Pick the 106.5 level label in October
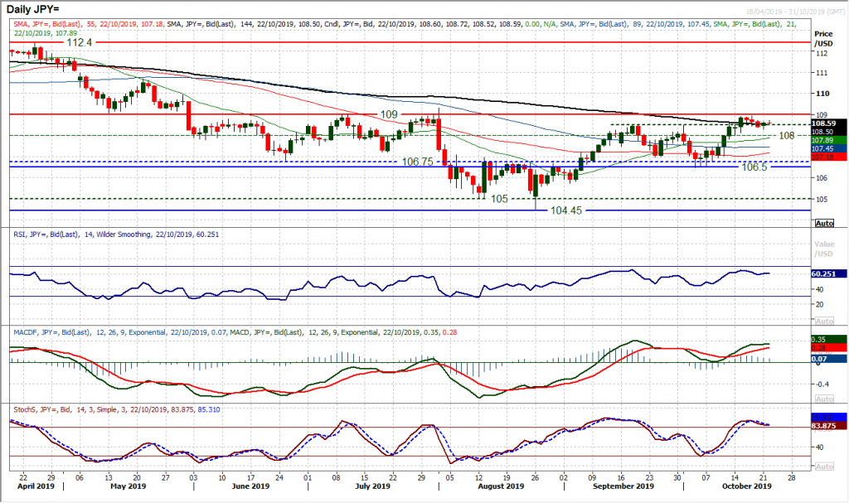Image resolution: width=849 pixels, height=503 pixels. (x=754, y=167)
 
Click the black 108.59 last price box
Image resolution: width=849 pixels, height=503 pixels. (x=830, y=123)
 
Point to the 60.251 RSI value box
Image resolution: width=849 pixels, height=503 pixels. (x=830, y=273)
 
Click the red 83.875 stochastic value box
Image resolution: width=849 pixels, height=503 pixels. (x=830, y=426)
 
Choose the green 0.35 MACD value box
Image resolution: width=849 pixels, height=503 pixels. (x=830, y=339)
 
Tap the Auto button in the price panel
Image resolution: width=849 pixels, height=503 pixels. (x=824, y=224)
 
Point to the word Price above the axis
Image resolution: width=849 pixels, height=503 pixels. (x=823, y=33)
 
